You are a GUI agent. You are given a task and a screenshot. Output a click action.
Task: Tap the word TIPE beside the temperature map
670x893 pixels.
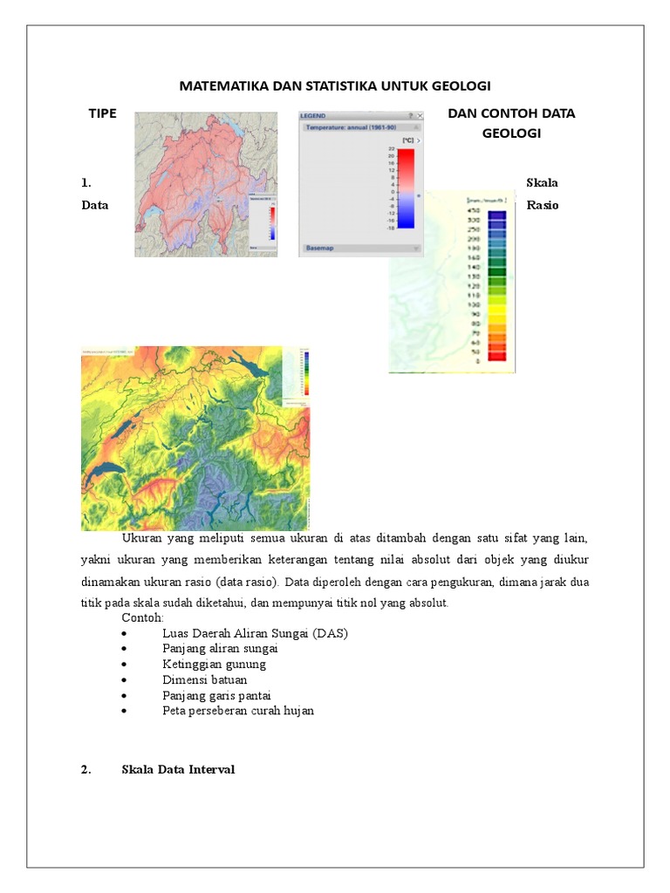tap(102, 113)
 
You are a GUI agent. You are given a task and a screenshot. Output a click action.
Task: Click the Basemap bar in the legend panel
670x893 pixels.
tap(320, 249)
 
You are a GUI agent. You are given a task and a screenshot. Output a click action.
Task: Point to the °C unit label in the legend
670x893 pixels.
tap(407, 140)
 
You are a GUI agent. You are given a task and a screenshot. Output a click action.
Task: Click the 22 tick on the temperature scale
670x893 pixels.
tap(391, 149)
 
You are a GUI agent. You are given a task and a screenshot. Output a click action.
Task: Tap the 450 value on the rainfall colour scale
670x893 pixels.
tap(474, 210)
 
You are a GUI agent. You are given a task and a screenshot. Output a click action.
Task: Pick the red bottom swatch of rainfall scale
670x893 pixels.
tap(496, 356)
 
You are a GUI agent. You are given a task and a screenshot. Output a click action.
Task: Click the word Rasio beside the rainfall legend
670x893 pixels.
tap(542, 205)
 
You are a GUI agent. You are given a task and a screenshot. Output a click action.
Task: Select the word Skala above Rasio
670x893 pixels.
tap(542, 182)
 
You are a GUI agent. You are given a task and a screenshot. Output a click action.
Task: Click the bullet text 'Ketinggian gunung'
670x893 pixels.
tap(214, 664)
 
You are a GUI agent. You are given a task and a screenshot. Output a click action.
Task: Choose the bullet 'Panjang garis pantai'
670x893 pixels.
tap(216, 695)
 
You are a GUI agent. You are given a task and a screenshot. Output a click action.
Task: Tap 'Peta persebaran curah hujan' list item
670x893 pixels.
tap(238, 711)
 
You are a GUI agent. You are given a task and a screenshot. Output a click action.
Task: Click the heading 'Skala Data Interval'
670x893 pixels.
tap(178, 769)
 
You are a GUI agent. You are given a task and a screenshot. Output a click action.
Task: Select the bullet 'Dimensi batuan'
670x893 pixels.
tap(204, 679)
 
